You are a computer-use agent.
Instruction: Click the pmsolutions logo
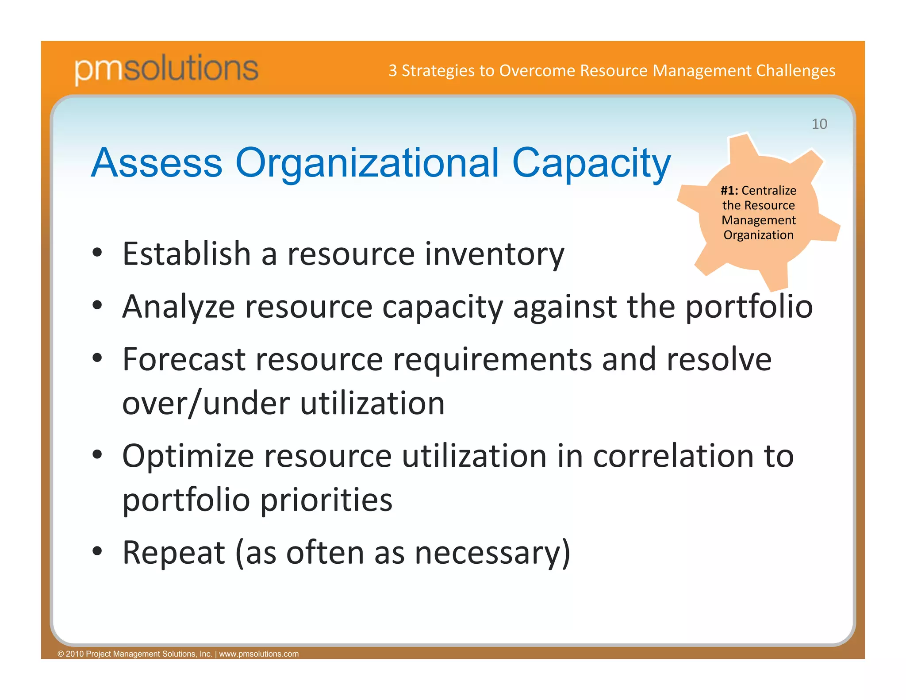166,69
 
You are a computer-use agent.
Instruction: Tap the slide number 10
819,124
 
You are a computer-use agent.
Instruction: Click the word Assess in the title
157,163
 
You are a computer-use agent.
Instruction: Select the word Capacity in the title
591,163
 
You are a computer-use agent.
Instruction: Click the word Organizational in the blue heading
367,163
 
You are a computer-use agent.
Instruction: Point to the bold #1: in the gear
729,191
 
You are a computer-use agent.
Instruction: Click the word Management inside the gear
758,220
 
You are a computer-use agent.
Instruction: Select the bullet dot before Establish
98,253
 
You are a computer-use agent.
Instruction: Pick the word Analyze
178,307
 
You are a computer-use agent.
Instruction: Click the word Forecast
184,359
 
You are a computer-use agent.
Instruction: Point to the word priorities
326,500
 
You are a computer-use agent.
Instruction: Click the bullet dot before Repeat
98,552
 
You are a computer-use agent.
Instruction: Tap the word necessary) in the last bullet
492,553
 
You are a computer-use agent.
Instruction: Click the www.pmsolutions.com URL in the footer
259,654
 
